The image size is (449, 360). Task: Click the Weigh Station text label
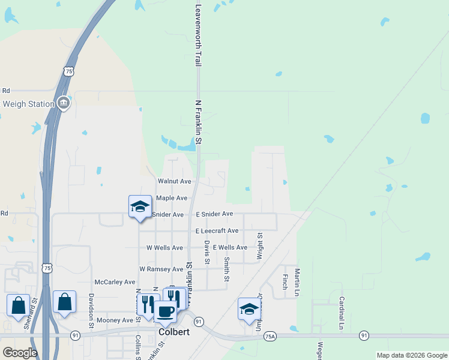(x=28, y=104)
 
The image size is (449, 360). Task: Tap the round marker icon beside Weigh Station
(x=64, y=104)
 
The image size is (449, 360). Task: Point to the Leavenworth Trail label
(x=198, y=36)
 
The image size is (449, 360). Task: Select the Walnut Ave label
(x=174, y=181)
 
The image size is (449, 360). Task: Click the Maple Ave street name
(x=172, y=198)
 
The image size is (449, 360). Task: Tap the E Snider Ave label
(x=214, y=214)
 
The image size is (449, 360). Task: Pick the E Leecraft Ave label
(x=217, y=231)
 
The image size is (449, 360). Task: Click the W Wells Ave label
(x=164, y=248)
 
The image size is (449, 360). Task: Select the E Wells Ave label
(x=229, y=248)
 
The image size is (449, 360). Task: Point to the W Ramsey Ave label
(x=161, y=269)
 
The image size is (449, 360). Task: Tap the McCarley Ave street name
(x=115, y=282)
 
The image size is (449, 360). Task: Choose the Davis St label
(x=206, y=253)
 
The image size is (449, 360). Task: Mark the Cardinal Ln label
(x=341, y=313)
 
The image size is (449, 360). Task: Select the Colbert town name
(x=174, y=332)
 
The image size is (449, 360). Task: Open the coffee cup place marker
(x=166, y=311)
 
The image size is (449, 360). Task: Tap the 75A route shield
(x=271, y=337)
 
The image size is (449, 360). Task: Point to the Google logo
(x=20, y=352)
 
